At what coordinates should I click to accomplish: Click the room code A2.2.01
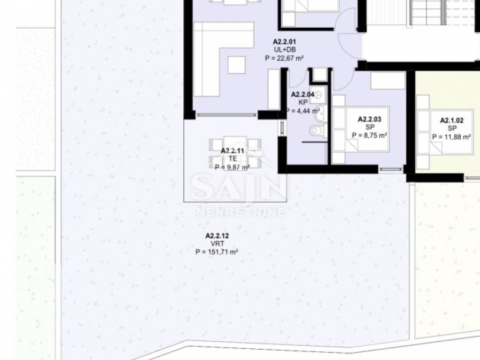point(285,42)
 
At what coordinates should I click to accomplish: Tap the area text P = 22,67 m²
point(284,58)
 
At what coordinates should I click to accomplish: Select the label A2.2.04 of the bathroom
point(302,95)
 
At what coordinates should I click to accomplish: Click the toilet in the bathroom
point(317,131)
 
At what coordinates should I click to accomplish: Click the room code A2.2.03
point(369,119)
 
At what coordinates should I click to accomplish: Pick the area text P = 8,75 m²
point(369,135)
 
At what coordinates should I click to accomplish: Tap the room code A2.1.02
point(451,120)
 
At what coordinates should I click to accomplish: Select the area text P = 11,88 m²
point(451,137)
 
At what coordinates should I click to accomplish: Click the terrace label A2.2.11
point(232,150)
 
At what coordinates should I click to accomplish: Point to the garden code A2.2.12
point(217,236)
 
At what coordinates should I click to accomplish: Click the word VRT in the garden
point(217,244)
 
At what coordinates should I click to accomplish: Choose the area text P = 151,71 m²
point(217,252)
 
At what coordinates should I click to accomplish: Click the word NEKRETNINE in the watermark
point(240,212)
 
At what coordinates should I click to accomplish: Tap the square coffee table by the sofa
point(236,65)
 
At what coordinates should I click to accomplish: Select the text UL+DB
point(285,50)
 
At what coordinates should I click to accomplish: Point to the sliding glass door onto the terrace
point(226,115)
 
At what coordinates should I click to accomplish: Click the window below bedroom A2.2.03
point(390,169)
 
